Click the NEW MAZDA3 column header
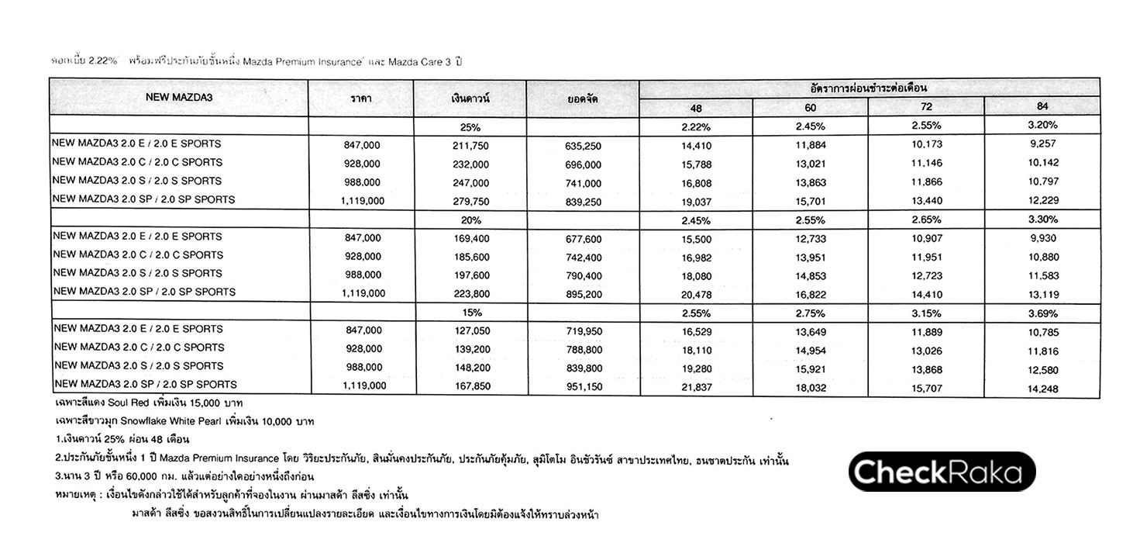(x=179, y=98)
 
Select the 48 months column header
(x=695, y=107)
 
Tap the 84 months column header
(x=1042, y=107)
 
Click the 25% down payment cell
(x=470, y=126)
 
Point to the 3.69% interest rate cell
(x=1042, y=313)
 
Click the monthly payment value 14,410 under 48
(x=695, y=144)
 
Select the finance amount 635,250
(x=583, y=145)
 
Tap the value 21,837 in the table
(x=695, y=388)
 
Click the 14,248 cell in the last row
(x=1042, y=389)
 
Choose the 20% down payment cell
(x=470, y=220)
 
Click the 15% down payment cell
(x=470, y=313)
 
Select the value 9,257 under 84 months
(x=1042, y=144)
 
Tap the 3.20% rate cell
(x=1042, y=126)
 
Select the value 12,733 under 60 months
(x=810, y=238)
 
